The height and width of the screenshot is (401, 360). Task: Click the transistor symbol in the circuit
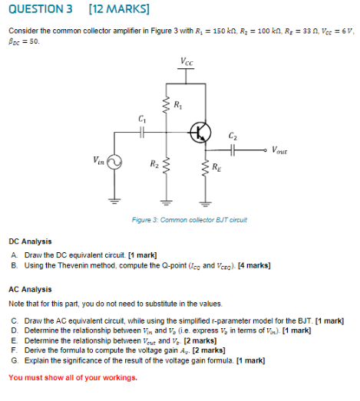(x=201, y=131)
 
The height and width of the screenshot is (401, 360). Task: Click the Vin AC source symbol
(x=115, y=163)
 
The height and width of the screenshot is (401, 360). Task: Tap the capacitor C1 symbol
(x=141, y=131)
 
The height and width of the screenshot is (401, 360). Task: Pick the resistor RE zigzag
(x=205, y=167)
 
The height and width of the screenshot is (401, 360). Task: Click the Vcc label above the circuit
(x=187, y=61)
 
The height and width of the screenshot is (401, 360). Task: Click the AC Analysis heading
(x=30, y=289)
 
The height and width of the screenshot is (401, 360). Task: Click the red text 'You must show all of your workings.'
(x=73, y=377)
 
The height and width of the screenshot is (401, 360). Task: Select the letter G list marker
(x=15, y=359)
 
